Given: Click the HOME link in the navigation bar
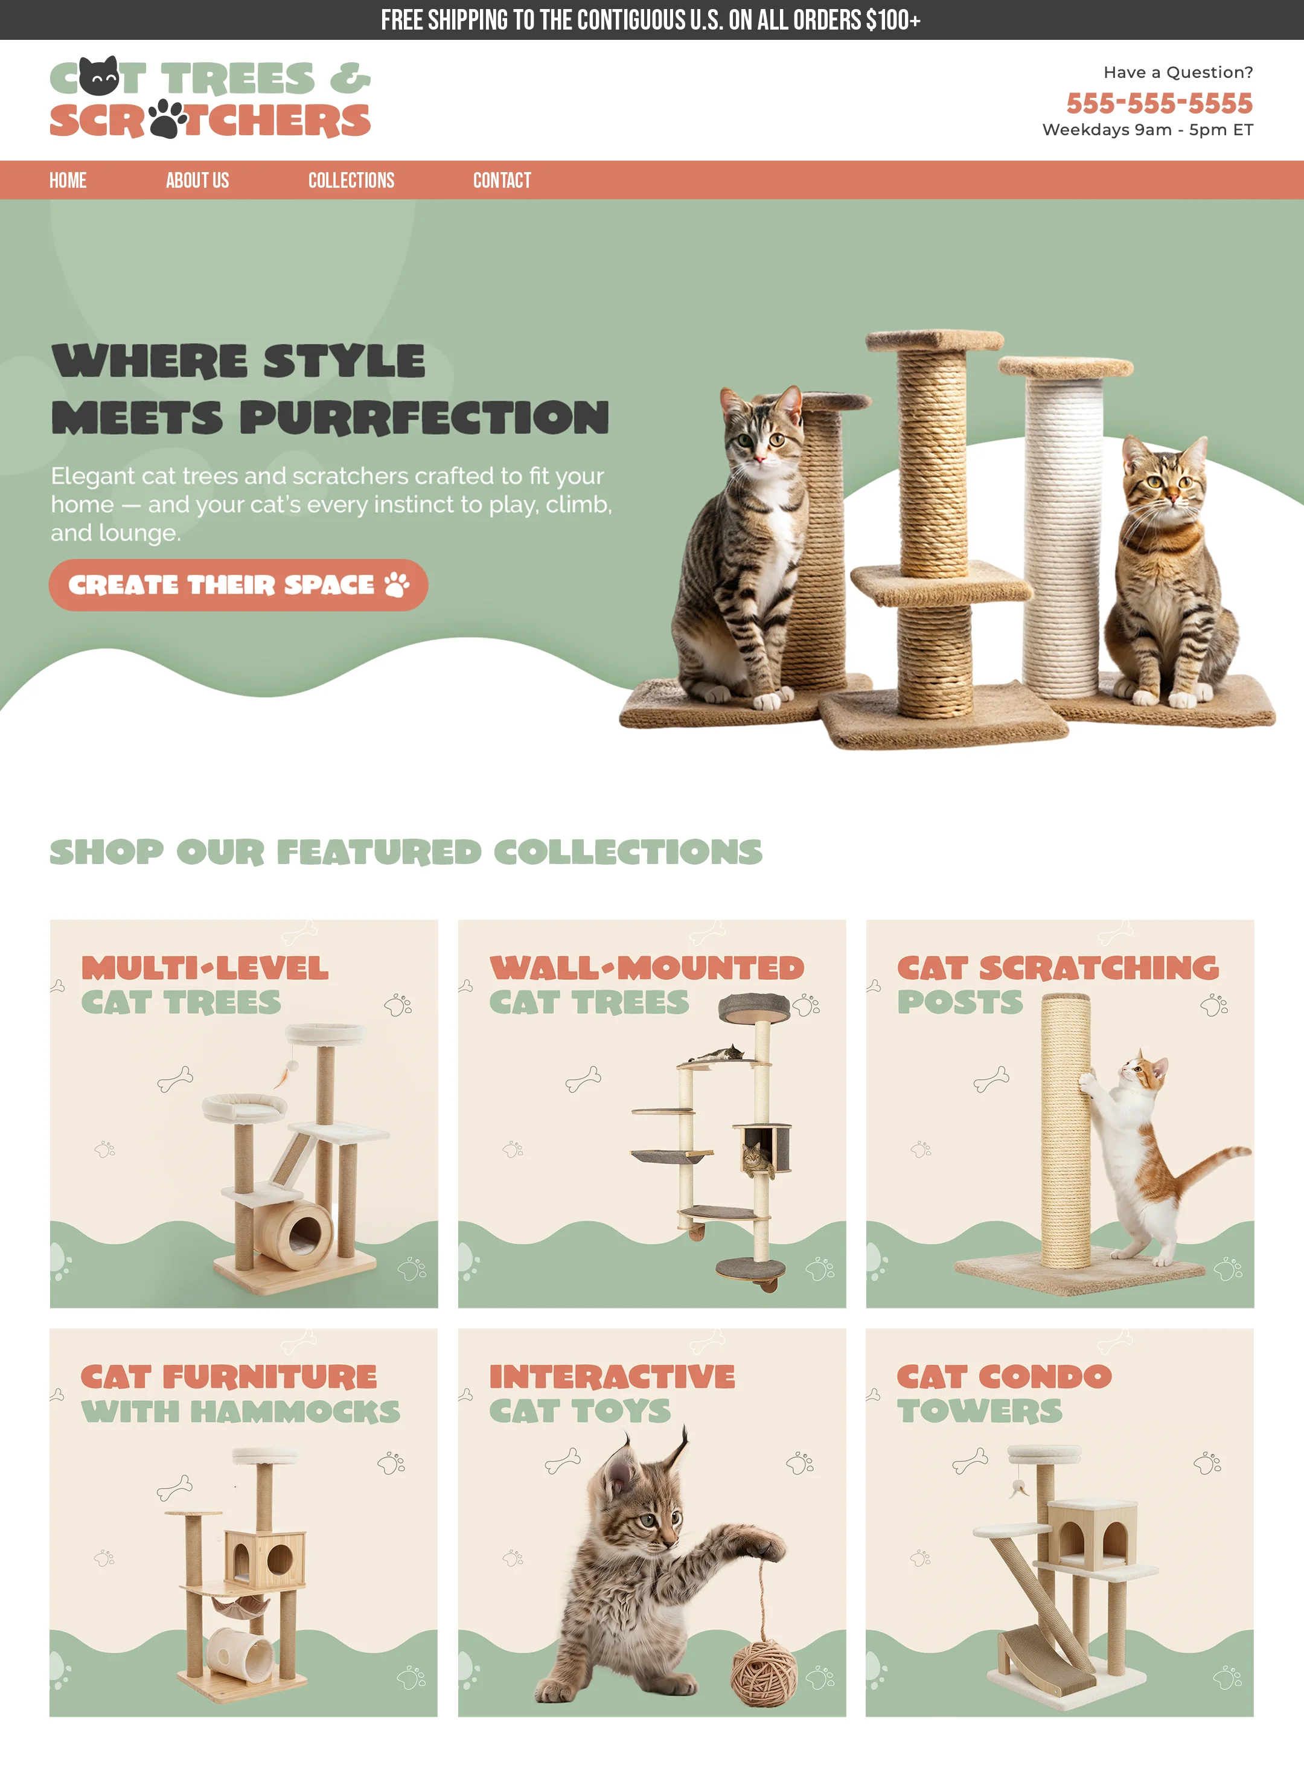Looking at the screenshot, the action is [x=68, y=181].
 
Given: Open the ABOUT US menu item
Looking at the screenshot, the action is [x=197, y=181].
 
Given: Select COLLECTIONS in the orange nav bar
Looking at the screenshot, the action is [x=351, y=181].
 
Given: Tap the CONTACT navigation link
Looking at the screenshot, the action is [x=502, y=181].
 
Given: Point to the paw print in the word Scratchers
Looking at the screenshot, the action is [x=167, y=119].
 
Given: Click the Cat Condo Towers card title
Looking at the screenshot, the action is [x=1004, y=1394].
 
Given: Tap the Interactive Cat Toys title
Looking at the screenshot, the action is [x=612, y=1394].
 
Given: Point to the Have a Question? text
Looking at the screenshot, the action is [x=1178, y=72].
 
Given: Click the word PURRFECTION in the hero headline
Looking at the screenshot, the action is [x=424, y=417].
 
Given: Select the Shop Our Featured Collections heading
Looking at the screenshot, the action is [x=406, y=852].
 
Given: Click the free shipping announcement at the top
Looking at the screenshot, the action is [x=651, y=20].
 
